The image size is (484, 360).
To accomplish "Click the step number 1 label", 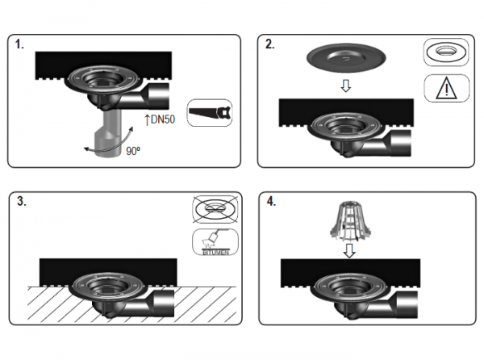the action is point(19,44).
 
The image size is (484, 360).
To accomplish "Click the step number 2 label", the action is point(269,44).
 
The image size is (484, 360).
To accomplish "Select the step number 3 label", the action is point(22,201).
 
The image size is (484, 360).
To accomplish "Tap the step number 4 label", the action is point(271,202).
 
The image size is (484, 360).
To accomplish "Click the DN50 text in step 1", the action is point(163,119).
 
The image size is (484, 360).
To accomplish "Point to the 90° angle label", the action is point(133,151).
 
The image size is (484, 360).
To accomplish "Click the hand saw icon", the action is point(210,112).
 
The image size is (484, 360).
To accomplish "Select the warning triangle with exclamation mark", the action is point(446,89).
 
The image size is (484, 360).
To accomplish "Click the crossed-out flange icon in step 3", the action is point(215,209).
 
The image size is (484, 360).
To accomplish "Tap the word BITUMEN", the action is point(215,253).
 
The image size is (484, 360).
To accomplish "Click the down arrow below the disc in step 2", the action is point(346,86).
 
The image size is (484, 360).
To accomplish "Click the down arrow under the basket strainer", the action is point(349,251).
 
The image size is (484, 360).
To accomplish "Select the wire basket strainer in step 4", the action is point(348,222).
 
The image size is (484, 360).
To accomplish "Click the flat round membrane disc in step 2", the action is point(346,57).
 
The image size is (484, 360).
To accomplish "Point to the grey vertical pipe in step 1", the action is point(109,133).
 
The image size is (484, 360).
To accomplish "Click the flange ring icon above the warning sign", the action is point(446,52).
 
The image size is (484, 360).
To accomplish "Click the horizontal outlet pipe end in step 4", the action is point(407,305).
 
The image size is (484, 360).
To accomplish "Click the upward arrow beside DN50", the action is point(147,119).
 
